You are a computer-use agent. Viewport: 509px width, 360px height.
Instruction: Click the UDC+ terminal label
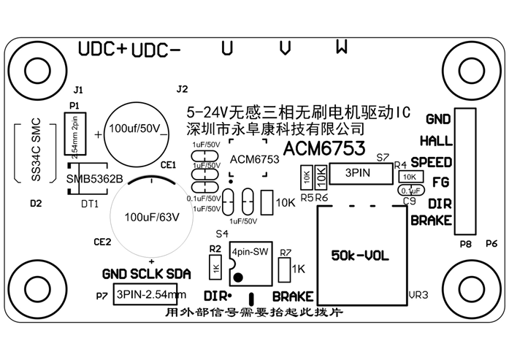pos(103,49)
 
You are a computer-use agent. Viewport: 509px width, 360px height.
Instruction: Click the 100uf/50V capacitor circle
pos(136,129)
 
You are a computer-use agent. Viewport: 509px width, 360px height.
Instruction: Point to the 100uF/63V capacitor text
pos(152,218)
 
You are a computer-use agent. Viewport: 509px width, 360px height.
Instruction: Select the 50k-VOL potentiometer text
pos(360,256)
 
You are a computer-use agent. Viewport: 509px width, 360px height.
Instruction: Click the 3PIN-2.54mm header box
pos(151,295)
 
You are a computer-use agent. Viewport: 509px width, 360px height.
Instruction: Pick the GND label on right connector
pos(439,118)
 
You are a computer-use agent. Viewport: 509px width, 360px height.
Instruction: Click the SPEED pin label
pos(431,161)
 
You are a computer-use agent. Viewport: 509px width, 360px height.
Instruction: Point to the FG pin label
pos(440,182)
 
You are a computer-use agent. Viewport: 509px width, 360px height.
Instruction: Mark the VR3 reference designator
pos(417,295)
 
